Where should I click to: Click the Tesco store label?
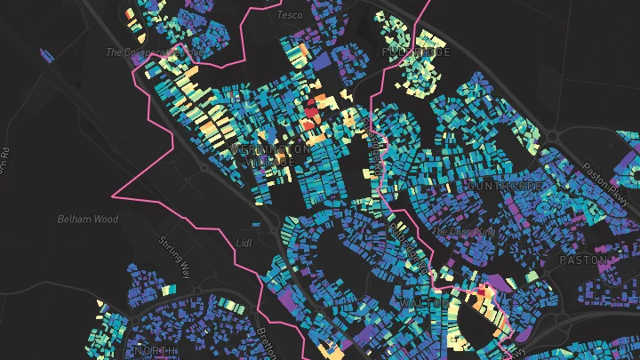pyautogui.click(x=290, y=15)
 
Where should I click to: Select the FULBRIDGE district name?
pyautogui.click(x=416, y=52)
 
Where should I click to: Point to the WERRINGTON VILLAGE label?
pyautogui.click(x=270, y=156)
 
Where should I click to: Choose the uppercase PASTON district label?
pyautogui.click(x=583, y=260)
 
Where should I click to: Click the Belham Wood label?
pyautogui.click(x=87, y=219)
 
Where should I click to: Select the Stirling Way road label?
pyautogui.click(x=174, y=257)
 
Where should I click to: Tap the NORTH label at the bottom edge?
pyautogui.click(x=154, y=351)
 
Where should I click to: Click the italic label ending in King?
pyautogui.click(x=462, y=232)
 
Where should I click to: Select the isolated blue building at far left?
pyautogui.click(x=47, y=56)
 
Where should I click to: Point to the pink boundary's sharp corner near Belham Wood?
pyautogui.click(x=113, y=194)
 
